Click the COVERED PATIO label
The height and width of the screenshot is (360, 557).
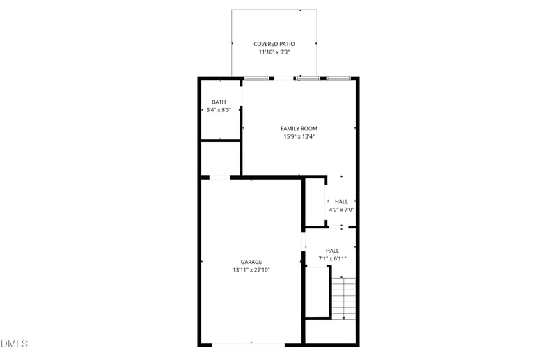click(274, 44)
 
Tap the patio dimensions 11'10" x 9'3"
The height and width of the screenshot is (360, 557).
click(274, 52)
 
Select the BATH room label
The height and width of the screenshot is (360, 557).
click(219, 102)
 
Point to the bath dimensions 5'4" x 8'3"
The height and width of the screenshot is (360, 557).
click(219, 110)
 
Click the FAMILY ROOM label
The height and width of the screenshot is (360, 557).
click(299, 129)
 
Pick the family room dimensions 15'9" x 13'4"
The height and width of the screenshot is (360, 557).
click(299, 136)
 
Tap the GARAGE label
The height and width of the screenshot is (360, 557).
click(251, 262)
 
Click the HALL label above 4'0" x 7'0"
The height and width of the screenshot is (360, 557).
click(341, 201)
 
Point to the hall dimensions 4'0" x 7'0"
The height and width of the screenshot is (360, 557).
click(341, 209)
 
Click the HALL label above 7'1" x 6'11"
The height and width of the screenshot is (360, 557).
click(332, 251)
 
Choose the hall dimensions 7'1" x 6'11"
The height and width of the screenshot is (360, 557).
click(332, 258)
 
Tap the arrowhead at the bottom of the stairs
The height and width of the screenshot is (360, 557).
click(343, 317)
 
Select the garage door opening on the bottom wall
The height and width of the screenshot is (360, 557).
click(248, 344)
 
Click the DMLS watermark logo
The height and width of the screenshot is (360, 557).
click(14, 344)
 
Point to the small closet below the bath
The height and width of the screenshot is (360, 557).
click(220, 159)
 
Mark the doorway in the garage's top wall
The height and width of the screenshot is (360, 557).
click(220, 178)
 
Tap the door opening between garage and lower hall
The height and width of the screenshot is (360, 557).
click(304, 240)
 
